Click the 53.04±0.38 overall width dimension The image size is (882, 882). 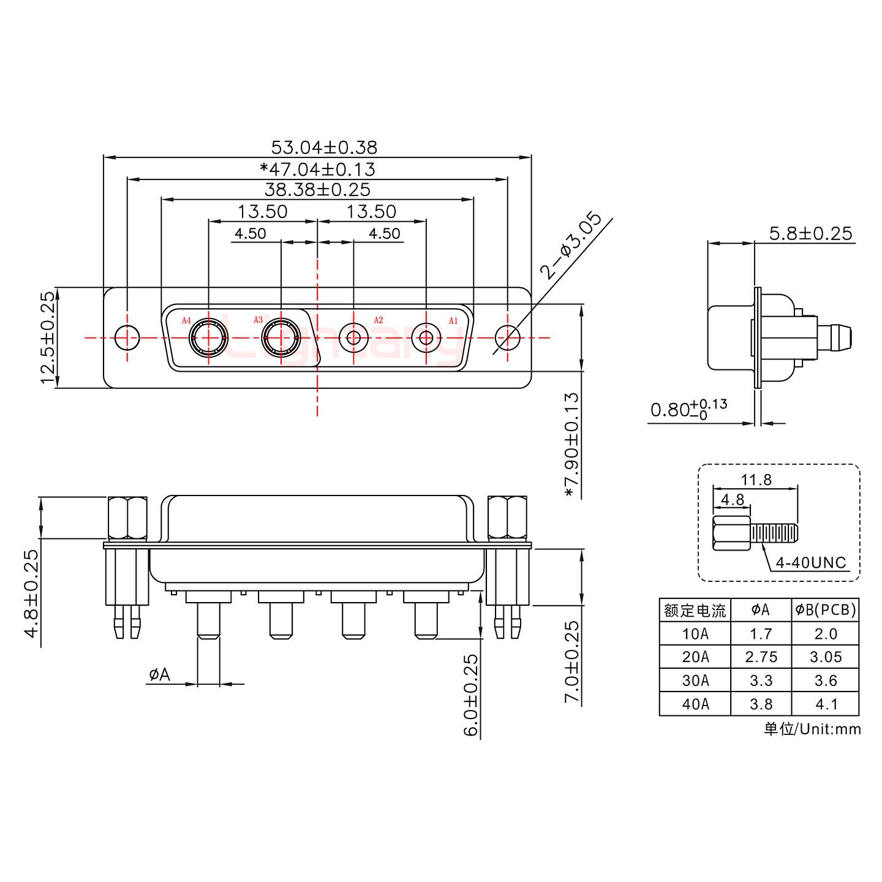[324, 148]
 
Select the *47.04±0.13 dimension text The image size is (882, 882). [317, 169]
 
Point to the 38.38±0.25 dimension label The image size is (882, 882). [317, 189]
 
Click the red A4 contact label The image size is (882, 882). [186, 320]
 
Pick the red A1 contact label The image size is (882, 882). [453, 320]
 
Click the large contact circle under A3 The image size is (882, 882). [281, 337]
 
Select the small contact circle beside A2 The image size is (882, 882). [353, 337]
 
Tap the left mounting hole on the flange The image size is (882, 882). [127, 337]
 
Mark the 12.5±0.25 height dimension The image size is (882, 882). [47, 337]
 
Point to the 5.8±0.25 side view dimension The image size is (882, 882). [810, 233]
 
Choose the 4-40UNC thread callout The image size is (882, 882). [810, 562]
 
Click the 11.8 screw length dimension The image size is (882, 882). [756, 480]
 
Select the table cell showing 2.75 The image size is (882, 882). [761, 657]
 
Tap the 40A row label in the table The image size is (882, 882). [695, 704]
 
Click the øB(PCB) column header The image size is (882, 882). [825, 609]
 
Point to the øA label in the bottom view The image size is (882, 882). [159, 675]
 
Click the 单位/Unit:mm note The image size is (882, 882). [812, 729]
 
